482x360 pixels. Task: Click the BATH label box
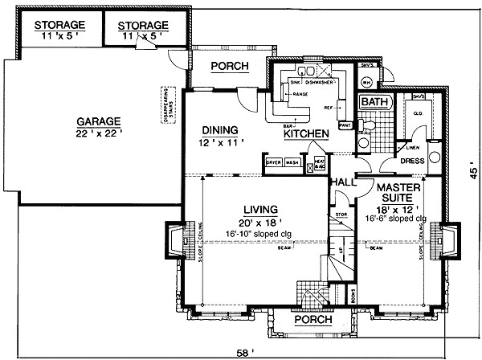pos(374,103)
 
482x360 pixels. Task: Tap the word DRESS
pos(412,161)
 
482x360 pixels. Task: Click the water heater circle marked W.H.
pos(366,83)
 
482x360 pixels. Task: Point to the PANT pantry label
pos(345,125)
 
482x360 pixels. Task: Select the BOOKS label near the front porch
pos(351,296)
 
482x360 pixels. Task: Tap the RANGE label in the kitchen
pos(300,95)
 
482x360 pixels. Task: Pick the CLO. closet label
pos(418,113)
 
